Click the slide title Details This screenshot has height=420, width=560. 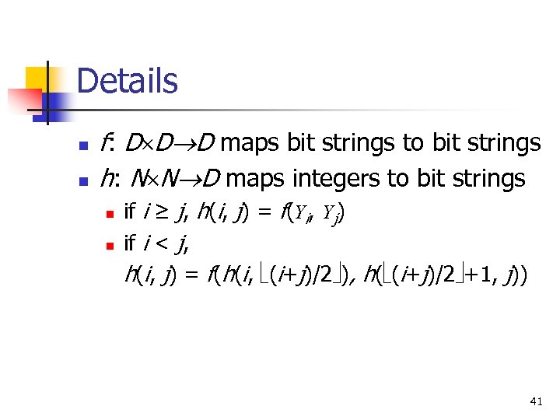pos(128,81)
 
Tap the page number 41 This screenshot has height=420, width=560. pos(535,401)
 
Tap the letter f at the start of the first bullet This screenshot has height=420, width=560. pos(107,143)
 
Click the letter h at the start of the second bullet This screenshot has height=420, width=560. pos(107,179)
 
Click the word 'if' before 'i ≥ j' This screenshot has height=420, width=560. pos(131,210)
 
